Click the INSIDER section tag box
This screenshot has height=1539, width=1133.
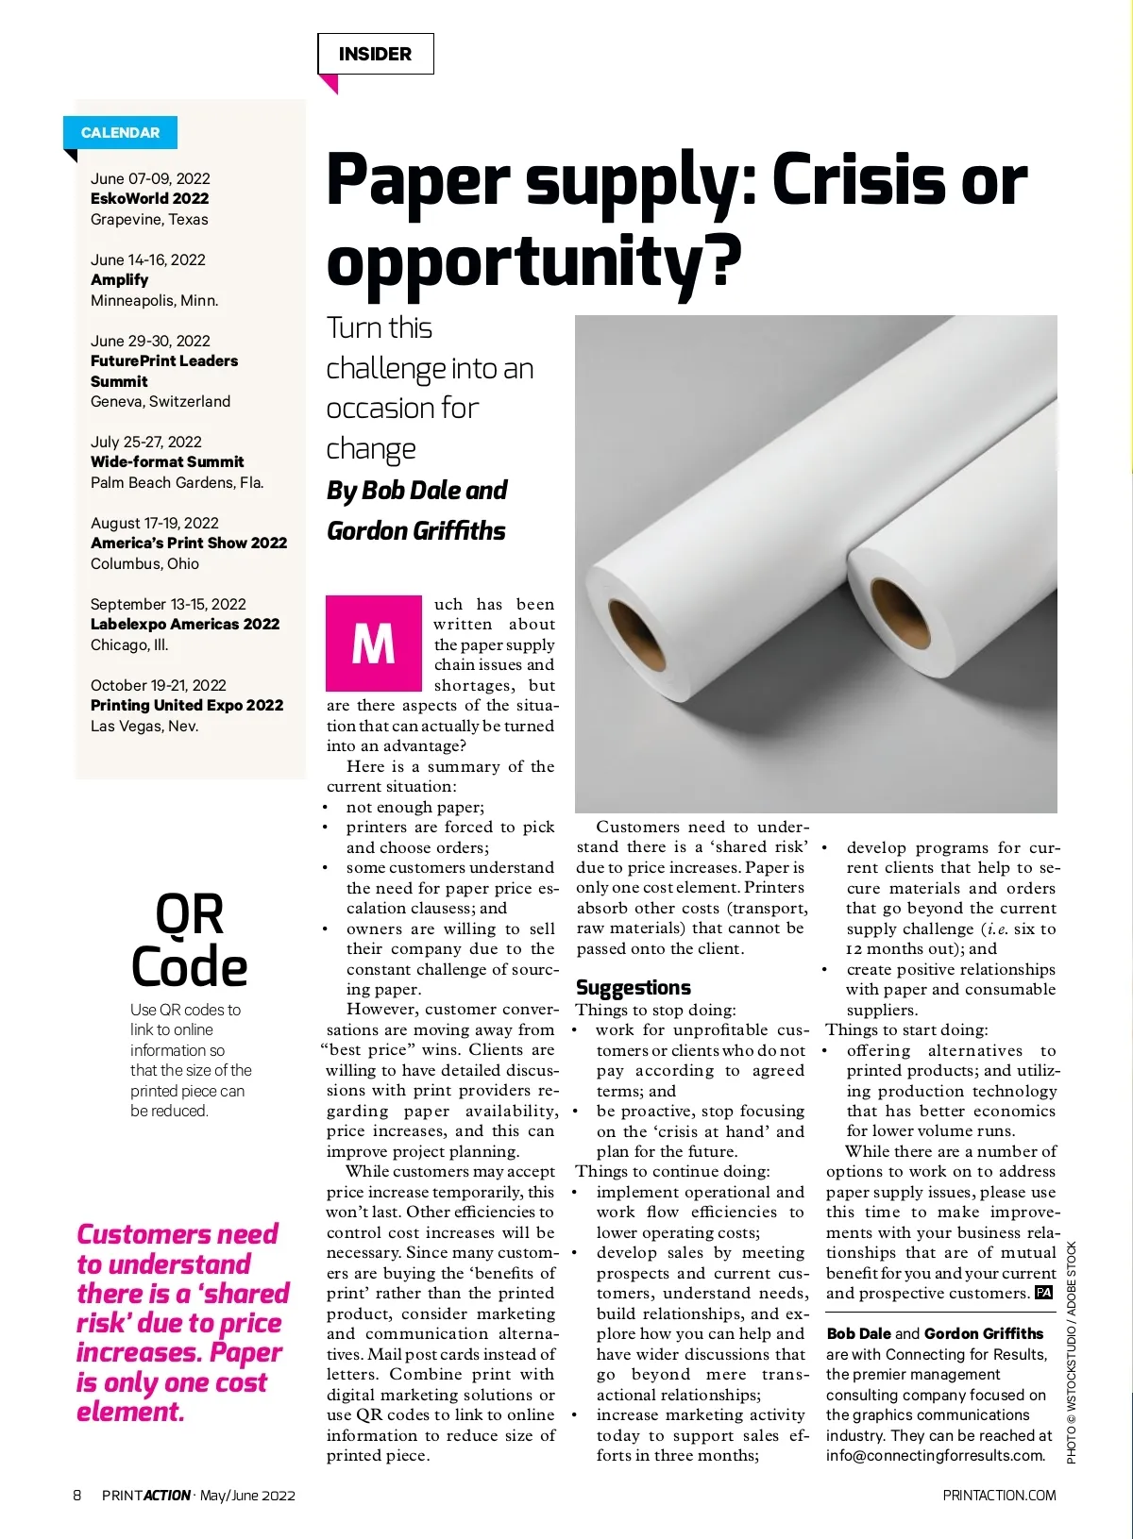tap(375, 54)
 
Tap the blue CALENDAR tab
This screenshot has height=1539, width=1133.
tap(120, 132)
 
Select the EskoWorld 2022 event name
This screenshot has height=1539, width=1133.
tap(149, 198)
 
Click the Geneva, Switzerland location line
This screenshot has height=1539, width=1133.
tap(161, 401)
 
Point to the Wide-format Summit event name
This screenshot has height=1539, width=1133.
tap(167, 461)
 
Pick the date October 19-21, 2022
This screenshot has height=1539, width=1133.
tap(159, 685)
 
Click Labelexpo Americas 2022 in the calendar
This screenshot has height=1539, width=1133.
tap(185, 624)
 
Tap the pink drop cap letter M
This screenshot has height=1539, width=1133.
tap(373, 644)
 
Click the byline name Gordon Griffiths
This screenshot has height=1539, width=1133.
tap(415, 530)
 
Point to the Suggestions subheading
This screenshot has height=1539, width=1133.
tap(634, 987)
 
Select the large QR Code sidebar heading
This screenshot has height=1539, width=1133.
tap(190, 941)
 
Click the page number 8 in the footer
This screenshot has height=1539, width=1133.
tap(77, 1495)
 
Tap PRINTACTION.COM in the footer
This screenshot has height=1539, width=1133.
tap(999, 1495)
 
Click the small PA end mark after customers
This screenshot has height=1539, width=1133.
tap(1043, 1293)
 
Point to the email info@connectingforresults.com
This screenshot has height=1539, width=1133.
tap(936, 1455)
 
